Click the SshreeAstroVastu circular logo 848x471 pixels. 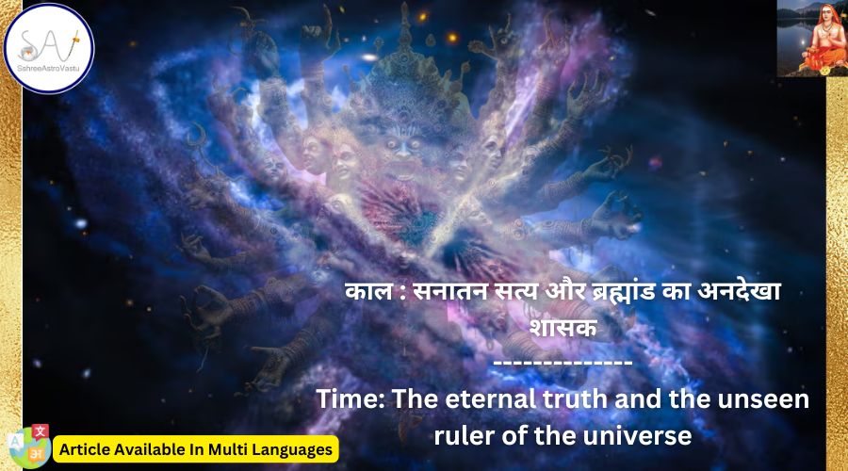pos(49,49)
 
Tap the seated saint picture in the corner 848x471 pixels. pos(812,38)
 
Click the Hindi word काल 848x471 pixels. pos(368,291)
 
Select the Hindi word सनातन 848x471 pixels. pos(450,291)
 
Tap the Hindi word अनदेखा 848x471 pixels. pos(739,291)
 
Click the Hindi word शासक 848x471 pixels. pos(563,327)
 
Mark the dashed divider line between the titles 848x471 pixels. pos(563,363)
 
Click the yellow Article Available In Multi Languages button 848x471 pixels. pos(196,449)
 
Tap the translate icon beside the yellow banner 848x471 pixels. pos(30,446)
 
